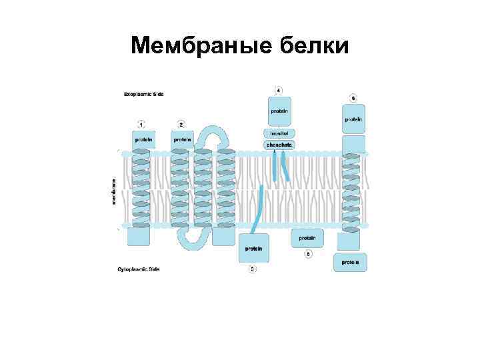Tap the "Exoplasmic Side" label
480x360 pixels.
coord(143,94)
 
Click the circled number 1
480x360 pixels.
coord(141,124)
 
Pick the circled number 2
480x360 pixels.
coord(181,124)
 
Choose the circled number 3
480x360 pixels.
coord(252,269)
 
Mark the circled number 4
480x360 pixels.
coord(279,89)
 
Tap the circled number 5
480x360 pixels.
coord(308,253)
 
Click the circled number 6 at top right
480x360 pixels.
coord(353,97)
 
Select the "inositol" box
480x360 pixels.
coord(279,133)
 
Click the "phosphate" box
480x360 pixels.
coord(279,144)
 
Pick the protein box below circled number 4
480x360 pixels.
coord(279,112)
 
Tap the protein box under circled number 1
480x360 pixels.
coord(143,140)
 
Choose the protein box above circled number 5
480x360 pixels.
coord(307,237)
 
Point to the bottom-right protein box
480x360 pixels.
coord(350,262)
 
